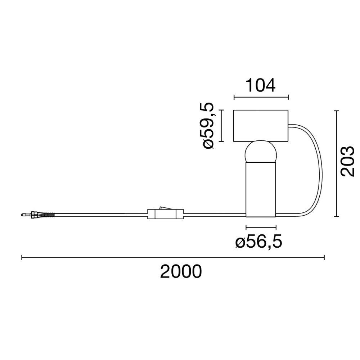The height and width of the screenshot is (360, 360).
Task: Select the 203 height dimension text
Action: coord(347,161)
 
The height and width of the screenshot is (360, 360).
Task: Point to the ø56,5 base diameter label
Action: coord(259,242)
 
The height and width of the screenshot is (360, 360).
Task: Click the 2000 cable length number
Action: coord(181,271)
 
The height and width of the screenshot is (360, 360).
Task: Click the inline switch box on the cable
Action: coord(166,214)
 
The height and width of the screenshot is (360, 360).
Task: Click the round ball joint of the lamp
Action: coord(261,152)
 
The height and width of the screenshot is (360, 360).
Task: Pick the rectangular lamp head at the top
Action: coord(261,126)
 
